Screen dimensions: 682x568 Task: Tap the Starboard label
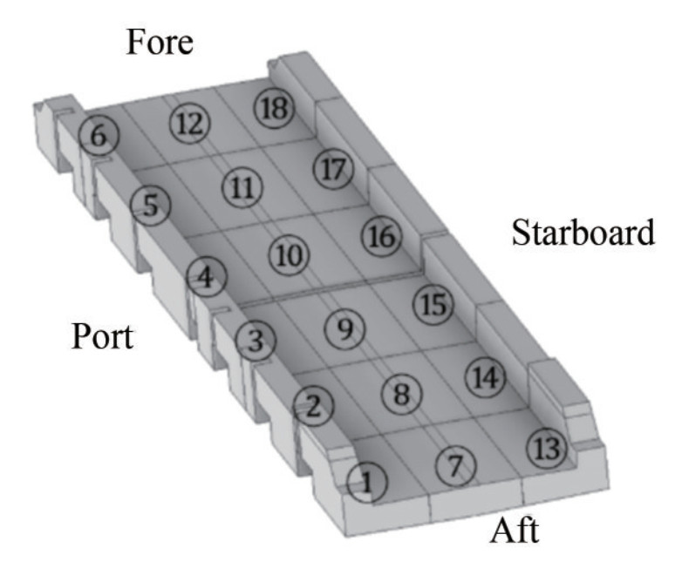(x=583, y=233)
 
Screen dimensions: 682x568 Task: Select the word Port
(x=102, y=335)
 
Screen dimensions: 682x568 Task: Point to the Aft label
(x=514, y=529)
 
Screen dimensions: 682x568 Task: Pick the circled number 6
(x=98, y=136)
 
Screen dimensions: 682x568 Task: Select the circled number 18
(x=274, y=108)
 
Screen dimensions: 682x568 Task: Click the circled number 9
(x=344, y=328)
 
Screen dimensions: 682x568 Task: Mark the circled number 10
(x=289, y=254)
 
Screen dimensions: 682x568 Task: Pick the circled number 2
(x=314, y=403)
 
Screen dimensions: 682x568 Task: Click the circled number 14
(x=485, y=377)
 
